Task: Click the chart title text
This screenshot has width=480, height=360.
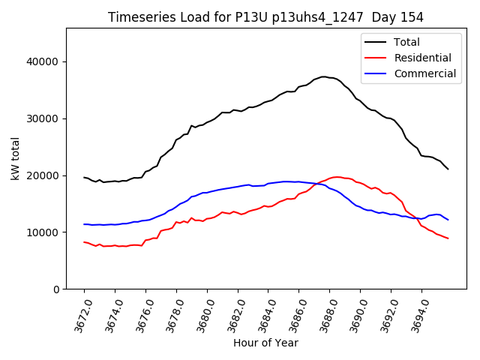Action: pyautogui.click(x=265, y=17)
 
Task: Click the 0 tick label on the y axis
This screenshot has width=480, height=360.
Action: pyautogui.click(x=56, y=289)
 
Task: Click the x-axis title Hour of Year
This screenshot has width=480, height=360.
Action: pyautogui.click(x=265, y=343)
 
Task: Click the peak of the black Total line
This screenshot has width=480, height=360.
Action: pyautogui.click(x=323, y=76)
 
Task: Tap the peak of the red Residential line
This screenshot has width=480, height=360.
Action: pyautogui.click(x=337, y=177)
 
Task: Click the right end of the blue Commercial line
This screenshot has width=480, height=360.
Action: pyautogui.click(x=448, y=220)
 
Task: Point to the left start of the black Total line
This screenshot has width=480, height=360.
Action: pyautogui.click(x=84, y=177)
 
